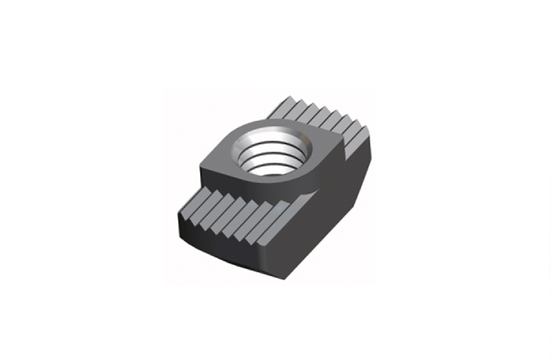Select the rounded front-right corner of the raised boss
pos(312,192)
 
